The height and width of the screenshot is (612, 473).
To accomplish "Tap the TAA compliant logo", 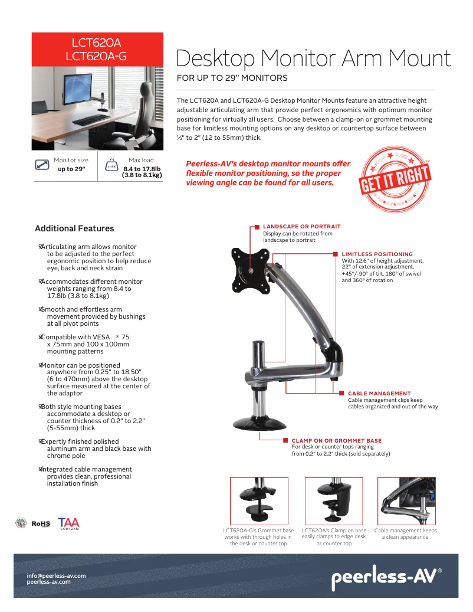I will coord(68,523).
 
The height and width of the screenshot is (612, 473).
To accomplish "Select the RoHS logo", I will coord(41,523).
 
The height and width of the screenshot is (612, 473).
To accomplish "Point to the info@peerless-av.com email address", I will coord(57,575).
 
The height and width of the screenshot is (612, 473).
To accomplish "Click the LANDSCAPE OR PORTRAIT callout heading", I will coord(301,227).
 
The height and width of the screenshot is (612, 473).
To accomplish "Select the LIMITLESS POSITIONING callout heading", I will coord(377,254).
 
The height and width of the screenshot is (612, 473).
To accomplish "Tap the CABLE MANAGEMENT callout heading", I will coord(379,393).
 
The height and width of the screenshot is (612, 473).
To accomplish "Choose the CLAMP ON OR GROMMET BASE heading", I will coord(336,440).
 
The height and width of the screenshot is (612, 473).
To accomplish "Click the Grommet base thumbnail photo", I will coord(258,500).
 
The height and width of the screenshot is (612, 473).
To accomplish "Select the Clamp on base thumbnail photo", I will coord(333,500).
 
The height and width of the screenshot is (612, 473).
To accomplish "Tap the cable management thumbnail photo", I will coord(406,500).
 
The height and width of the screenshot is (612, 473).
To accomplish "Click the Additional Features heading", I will coord(74,228).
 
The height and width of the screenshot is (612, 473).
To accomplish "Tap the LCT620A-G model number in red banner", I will coord(96,56).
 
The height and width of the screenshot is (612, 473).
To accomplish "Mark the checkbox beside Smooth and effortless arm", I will coord(41,309).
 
